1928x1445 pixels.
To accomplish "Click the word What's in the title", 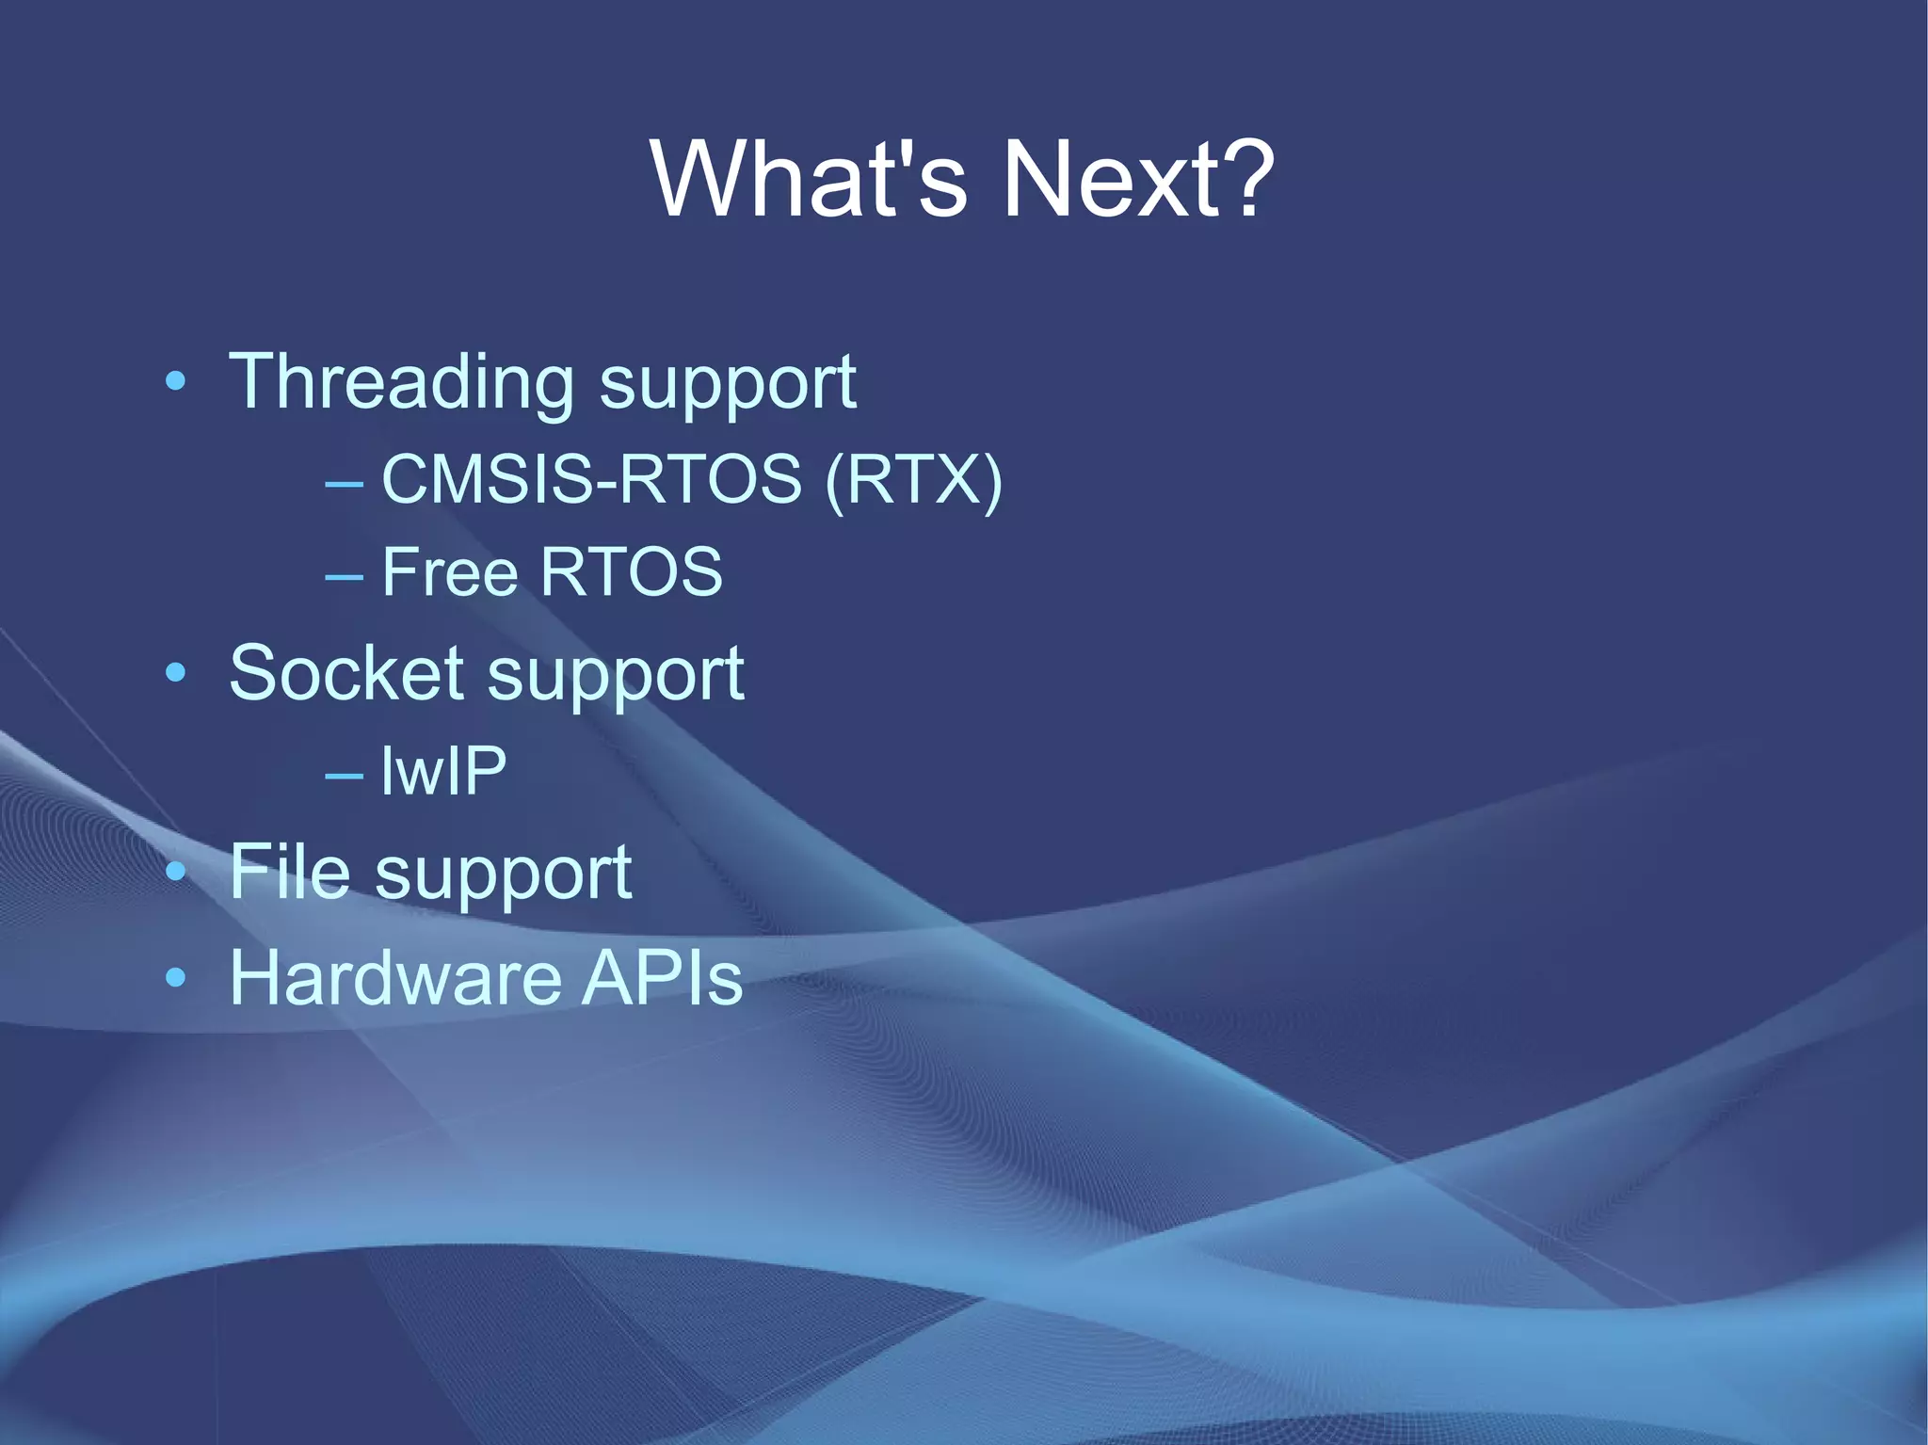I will point(808,178).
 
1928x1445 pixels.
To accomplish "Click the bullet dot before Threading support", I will point(175,381).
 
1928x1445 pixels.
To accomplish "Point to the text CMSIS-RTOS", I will point(591,479).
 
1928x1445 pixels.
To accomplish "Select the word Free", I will point(449,571).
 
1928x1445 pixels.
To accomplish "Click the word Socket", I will point(346,673).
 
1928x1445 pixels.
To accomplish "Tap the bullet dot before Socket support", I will point(175,672).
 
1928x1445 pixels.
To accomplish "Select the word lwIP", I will point(443,771).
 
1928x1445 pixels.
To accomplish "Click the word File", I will point(290,872).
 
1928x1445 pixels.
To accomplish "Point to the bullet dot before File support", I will point(175,872).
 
